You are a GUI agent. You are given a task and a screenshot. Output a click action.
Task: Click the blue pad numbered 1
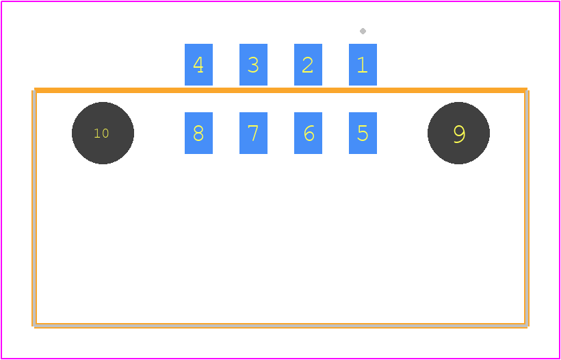[363, 65]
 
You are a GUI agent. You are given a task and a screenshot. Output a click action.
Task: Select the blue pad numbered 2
[308, 65]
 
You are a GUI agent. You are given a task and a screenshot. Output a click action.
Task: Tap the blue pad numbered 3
[253, 65]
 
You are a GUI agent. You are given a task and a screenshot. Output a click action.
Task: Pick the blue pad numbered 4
[198, 65]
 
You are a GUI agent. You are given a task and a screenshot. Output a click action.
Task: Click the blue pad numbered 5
[363, 133]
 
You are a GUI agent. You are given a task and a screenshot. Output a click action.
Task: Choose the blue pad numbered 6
[308, 133]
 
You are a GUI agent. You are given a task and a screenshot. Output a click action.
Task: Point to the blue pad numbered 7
[253, 133]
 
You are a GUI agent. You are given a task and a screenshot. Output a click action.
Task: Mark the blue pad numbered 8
[198, 133]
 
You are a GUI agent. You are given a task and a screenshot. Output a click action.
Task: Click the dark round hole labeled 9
[458, 133]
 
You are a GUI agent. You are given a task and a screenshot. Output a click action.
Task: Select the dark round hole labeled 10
[103, 133]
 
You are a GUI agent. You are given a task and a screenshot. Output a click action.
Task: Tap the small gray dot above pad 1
[363, 31]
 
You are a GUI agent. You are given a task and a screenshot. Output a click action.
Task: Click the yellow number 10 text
[101, 133]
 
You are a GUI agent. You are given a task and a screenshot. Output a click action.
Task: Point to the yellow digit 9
[459, 134]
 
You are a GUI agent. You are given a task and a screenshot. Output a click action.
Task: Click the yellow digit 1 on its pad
[363, 65]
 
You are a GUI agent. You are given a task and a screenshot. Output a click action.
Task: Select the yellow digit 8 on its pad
[198, 133]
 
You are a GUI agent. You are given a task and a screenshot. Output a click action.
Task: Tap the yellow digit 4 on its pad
[198, 65]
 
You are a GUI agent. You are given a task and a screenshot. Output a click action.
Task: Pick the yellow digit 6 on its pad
[309, 133]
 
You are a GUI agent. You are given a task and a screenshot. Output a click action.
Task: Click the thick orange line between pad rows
[280, 90]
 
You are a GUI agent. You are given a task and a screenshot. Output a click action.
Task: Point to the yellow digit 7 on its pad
[253, 133]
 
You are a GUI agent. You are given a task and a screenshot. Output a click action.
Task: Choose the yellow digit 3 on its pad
[253, 65]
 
